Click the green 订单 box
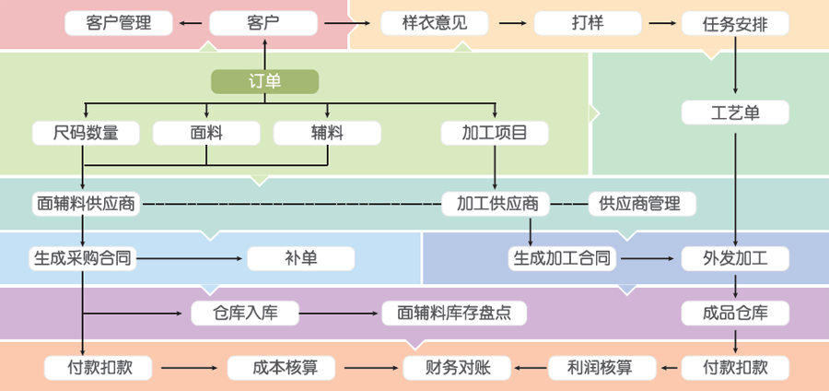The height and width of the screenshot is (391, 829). click(x=264, y=82)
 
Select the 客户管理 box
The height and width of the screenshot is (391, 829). click(x=118, y=23)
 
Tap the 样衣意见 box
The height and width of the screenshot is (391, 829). click(x=435, y=23)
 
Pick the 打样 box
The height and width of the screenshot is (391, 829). click(x=588, y=23)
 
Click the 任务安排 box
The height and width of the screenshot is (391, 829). click(x=735, y=23)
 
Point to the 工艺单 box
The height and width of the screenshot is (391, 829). click(x=735, y=113)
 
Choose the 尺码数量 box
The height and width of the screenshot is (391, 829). click(x=87, y=133)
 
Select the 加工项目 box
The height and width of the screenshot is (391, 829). click(x=496, y=133)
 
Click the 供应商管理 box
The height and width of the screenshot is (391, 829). click(x=642, y=203)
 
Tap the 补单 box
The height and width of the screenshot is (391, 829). click(x=300, y=258)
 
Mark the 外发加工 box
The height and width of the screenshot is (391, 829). click(x=735, y=258)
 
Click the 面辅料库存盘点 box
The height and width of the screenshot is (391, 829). click(x=454, y=313)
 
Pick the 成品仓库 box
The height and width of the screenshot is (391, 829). click(x=735, y=313)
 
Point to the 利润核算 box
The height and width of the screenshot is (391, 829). click(x=602, y=368)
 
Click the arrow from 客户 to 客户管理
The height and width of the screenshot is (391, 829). click(x=191, y=23)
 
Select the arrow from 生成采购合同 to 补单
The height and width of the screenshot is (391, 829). click(x=192, y=258)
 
